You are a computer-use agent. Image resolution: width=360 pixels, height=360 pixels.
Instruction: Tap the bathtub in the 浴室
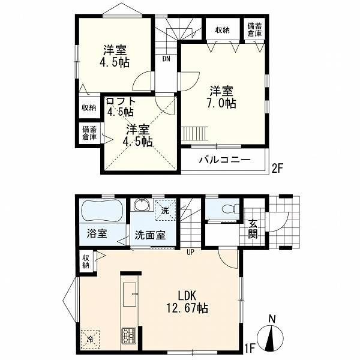click(103, 211)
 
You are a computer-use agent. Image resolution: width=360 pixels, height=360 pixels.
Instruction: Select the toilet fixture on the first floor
click(230, 209)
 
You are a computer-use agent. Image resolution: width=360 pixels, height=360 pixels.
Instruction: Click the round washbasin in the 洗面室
click(142, 205)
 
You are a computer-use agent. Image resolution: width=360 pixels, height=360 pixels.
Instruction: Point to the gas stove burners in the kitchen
click(129, 335)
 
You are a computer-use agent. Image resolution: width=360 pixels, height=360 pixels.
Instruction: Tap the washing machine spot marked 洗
click(165, 210)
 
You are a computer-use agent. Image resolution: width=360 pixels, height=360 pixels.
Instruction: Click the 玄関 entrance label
click(253, 229)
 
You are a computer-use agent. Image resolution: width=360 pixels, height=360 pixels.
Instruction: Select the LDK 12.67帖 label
click(187, 302)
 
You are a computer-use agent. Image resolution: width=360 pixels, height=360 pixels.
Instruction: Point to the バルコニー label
click(224, 160)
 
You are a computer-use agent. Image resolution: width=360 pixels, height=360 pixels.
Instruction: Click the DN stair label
click(166, 59)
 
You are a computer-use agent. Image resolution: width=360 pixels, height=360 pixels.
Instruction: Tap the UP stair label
click(191, 252)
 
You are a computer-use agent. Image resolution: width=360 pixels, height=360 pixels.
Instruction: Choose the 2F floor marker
click(277, 169)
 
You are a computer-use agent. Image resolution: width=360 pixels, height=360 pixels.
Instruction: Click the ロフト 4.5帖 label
click(121, 107)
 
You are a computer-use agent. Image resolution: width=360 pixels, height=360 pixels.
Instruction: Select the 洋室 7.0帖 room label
click(222, 97)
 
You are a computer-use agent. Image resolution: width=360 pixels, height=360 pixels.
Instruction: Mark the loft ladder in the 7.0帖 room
click(194, 133)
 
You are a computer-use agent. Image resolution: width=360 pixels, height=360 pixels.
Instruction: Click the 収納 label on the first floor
click(86, 262)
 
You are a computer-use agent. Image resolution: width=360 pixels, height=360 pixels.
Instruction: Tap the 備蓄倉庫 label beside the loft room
click(89, 133)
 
